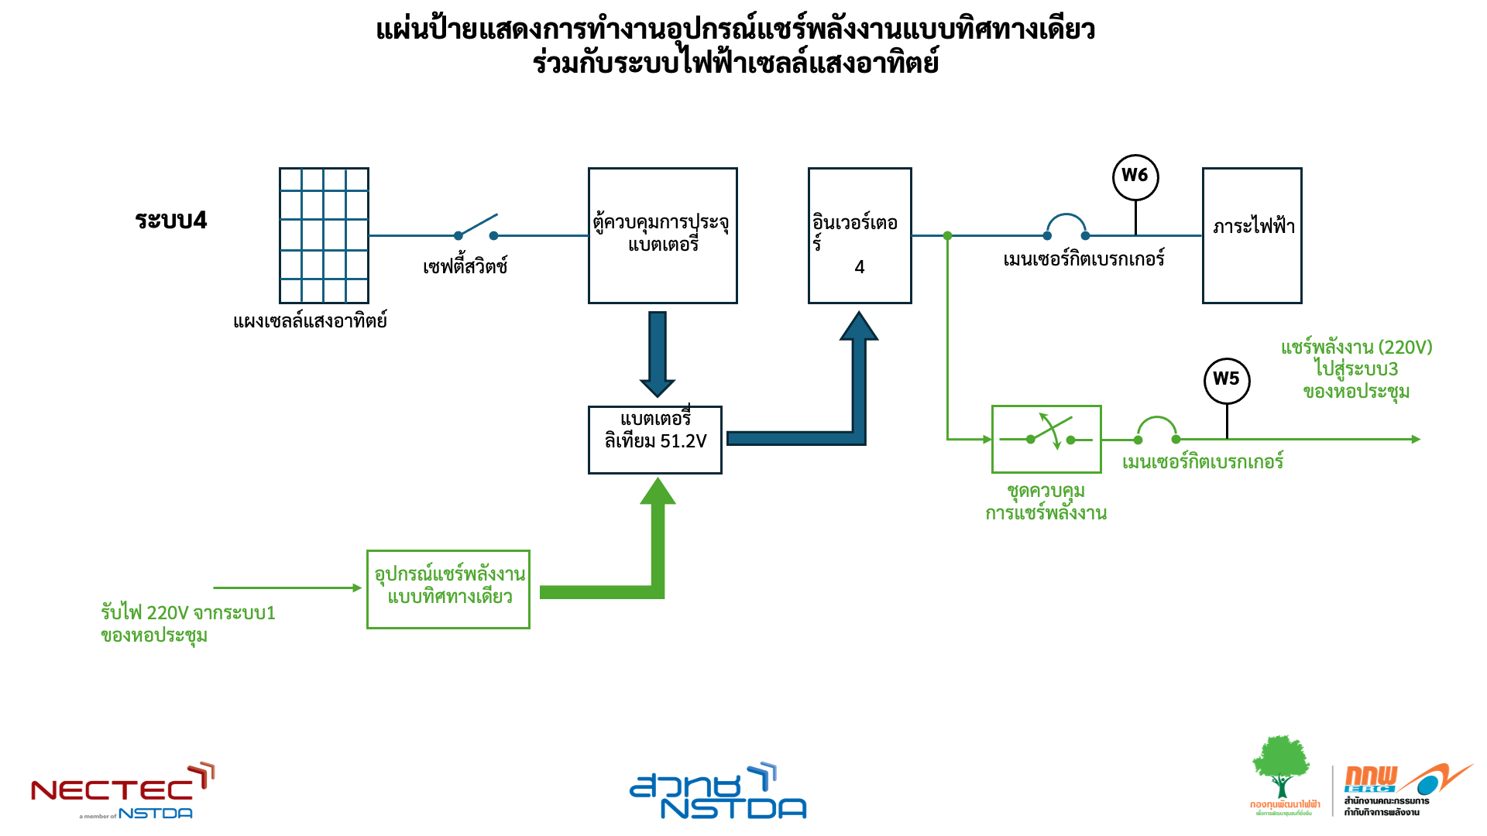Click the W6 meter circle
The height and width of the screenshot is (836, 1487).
pyautogui.click(x=1135, y=176)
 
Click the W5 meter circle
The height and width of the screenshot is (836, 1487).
pyautogui.click(x=1227, y=380)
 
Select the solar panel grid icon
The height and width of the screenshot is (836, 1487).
pyautogui.click(x=324, y=235)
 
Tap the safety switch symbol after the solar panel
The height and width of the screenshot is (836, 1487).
pyautogui.click(x=476, y=228)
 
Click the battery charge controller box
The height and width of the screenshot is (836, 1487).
pyautogui.click(x=662, y=235)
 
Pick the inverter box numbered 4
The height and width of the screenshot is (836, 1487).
pyautogui.click(x=860, y=235)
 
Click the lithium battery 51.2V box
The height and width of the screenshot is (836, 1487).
pyautogui.click(x=655, y=440)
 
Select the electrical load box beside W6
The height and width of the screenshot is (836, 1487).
pyautogui.click(x=1252, y=235)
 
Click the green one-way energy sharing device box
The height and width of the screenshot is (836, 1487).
pyautogui.click(x=448, y=589)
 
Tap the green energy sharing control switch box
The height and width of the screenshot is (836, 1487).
pyautogui.click(x=1046, y=439)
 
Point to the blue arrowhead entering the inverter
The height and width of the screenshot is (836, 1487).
pyautogui.click(x=859, y=327)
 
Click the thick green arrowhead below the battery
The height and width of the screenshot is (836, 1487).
pyautogui.click(x=658, y=492)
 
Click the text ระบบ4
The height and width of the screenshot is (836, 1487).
pyautogui.click(x=171, y=221)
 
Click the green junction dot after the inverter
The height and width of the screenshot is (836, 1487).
pyautogui.click(x=947, y=235)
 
